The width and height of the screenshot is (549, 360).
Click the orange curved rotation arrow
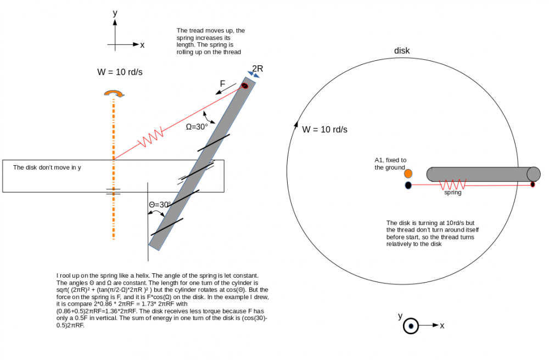(114, 93)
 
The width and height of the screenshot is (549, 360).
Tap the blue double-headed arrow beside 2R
(254, 75)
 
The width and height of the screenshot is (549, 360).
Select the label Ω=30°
(197, 127)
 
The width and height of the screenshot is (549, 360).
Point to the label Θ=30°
(160, 205)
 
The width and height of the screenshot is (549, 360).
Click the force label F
(222, 84)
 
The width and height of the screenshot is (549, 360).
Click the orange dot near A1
(408, 173)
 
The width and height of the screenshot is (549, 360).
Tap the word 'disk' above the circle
(402, 50)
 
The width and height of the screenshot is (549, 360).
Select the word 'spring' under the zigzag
(453, 193)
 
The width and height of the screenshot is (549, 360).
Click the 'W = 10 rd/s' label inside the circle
(324, 130)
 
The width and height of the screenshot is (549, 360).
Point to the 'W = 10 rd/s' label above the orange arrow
(120, 72)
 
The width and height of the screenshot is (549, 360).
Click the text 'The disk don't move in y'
(47, 167)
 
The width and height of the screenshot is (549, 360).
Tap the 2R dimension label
(257, 69)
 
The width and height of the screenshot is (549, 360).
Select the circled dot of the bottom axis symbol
(411, 326)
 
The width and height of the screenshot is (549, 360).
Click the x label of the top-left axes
(142, 45)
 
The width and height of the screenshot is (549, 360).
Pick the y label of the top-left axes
(115, 13)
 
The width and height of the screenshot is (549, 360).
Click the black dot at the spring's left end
(408, 185)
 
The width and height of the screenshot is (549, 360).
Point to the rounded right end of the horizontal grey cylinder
(534, 174)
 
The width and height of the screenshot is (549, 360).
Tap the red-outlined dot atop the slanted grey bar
(245, 86)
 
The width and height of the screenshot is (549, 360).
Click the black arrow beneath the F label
(226, 89)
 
